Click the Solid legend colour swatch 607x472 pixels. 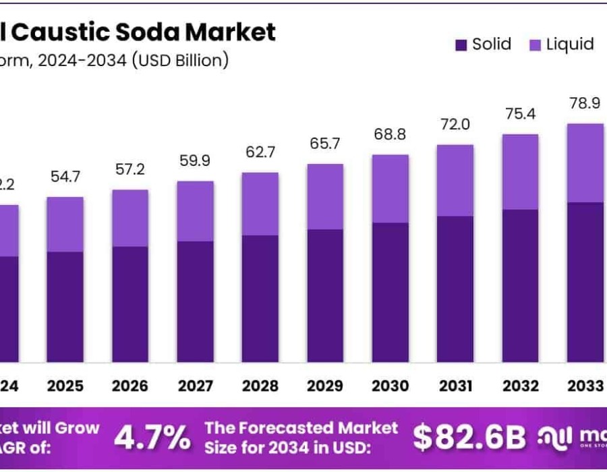tap(461, 46)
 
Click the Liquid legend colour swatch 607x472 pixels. tap(535, 46)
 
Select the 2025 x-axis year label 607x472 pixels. tap(65, 386)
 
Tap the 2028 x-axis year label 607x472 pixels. tap(260, 386)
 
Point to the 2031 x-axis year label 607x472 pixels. tap(455, 386)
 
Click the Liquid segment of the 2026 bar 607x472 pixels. tap(130, 218)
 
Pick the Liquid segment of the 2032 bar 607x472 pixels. tap(521, 171)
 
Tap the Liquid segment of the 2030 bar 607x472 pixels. tap(391, 188)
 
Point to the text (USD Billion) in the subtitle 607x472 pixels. tap(180, 61)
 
